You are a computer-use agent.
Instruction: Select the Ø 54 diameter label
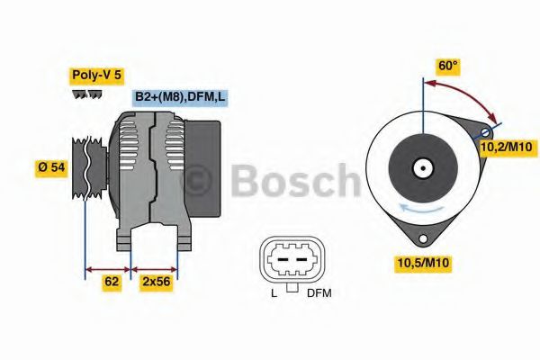pos(51,167)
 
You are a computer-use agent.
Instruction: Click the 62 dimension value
pos(112,282)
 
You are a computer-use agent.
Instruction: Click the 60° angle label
pos(448,66)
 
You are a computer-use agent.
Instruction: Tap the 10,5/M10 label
pos(421,262)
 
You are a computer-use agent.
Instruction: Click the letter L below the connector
pos(273,292)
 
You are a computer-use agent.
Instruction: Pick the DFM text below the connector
pos(319,292)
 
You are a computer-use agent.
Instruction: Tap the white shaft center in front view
pos(421,167)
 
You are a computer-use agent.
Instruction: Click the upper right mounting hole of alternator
pos(486,132)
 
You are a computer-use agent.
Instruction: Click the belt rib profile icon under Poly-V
pos(85,94)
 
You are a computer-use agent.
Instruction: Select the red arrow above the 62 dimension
pos(108,267)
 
